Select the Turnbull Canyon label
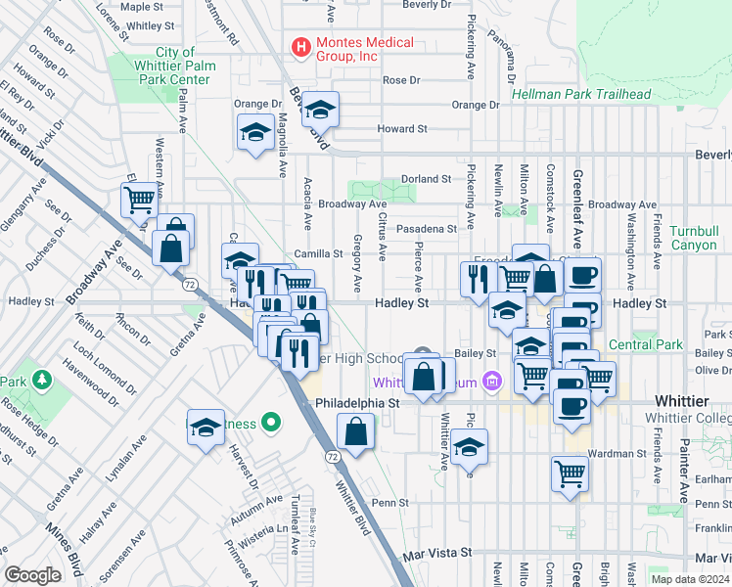coord(694,238)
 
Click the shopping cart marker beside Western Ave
coord(140,200)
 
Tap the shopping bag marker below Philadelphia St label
coord(357,431)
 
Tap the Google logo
coord(33,575)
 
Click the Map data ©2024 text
coord(690,579)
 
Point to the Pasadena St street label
coord(427,229)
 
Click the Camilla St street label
coord(317,253)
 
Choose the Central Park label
coord(644,344)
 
